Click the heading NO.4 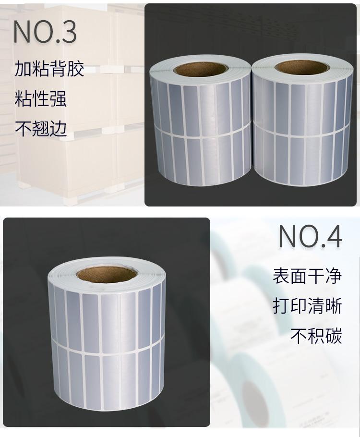click(x=310, y=236)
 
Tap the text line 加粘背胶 click(x=49, y=69)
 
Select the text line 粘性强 click(x=40, y=98)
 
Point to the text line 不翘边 click(x=41, y=128)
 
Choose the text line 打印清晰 click(x=307, y=306)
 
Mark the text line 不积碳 click(x=316, y=336)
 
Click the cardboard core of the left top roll click(x=200, y=69)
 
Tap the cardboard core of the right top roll click(x=300, y=68)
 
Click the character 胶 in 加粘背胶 click(x=75, y=69)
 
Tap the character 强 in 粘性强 click(x=58, y=98)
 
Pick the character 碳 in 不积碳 click(x=333, y=336)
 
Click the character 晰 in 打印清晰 click(x=333, y=306)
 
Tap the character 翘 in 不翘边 click(x=41, y=128)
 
